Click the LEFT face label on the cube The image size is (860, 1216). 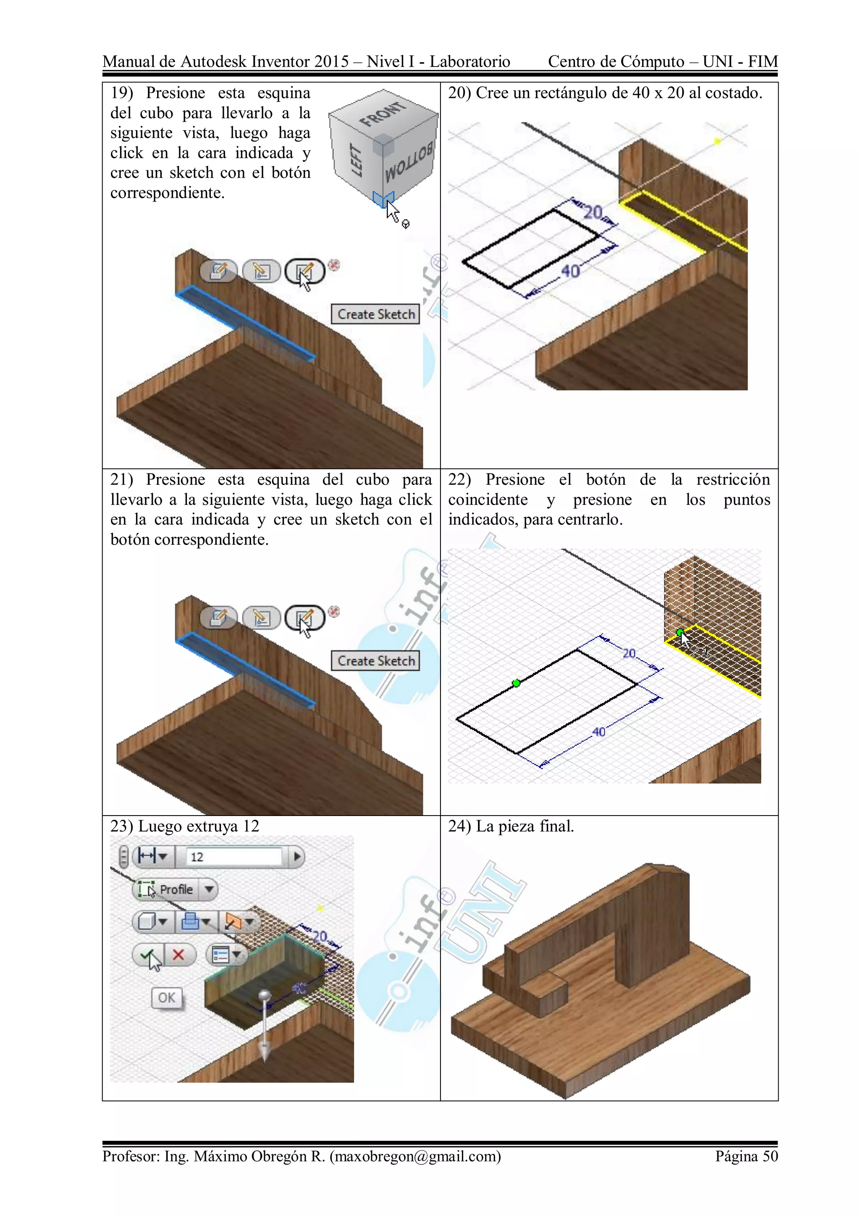coord(357,160)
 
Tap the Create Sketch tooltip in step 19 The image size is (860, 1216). coord(376,314)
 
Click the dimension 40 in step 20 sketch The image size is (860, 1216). coord(570,271)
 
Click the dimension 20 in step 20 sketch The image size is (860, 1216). coord(593,213)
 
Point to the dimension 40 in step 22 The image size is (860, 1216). coord(599,731)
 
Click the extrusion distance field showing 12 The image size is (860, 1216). coord(233,856)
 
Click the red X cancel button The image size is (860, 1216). coord(178,954)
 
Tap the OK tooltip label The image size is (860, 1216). coord(166,998)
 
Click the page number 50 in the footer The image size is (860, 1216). coord(770,1156)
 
